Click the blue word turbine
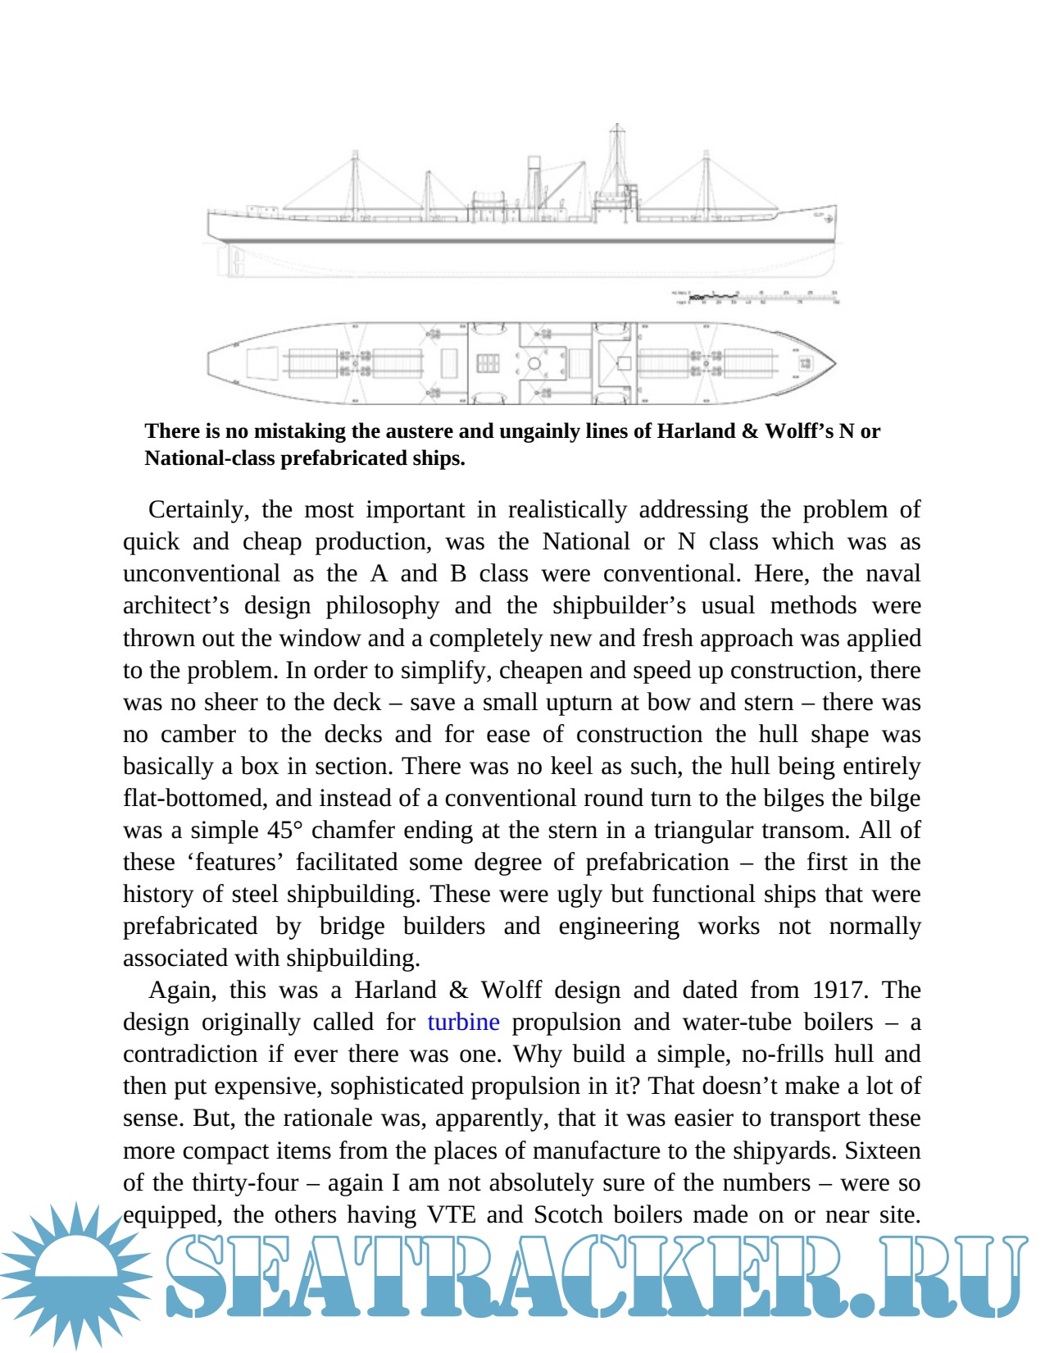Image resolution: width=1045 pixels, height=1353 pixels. (x=463, y=1022)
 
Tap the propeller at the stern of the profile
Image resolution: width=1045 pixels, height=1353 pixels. (x=238, y=260)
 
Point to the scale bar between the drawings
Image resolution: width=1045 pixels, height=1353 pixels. (x=754, y=297)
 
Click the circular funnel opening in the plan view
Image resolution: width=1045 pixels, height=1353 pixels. (x=534, y=363)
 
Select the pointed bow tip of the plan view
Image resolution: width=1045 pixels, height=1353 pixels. (x=834, y=363)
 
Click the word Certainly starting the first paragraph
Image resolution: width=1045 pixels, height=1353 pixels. (x=198, y=509)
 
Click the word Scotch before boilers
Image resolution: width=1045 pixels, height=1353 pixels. (x=569, y=1214)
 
